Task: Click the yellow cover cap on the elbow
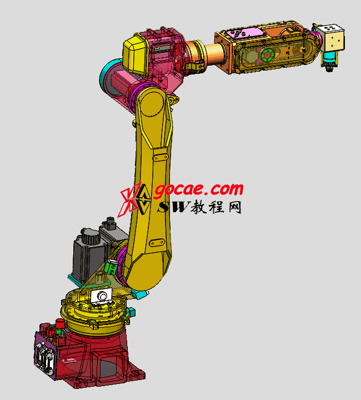coord(135,55)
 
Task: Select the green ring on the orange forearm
coord(267,55)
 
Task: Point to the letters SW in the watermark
coord(174,207)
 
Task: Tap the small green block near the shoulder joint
coord(111,267)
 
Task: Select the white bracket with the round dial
coord(102,297)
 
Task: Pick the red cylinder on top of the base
coord(60,323)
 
